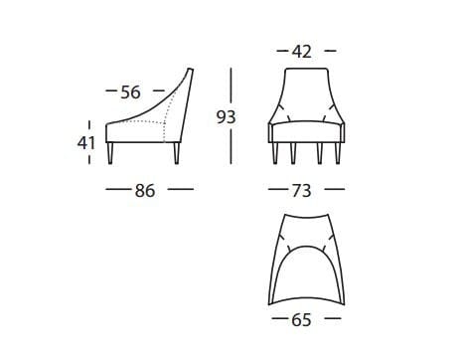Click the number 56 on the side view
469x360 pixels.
coord(130,92)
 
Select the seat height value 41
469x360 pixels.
coord(86,142)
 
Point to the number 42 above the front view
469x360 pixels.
coord(303,50)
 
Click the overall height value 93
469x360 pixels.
coord(228,116)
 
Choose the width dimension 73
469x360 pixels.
coord(303,188)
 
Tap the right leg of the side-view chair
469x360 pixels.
coord(176,152)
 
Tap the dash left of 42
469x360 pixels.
coord(279,50)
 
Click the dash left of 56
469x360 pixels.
coord(109,92)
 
